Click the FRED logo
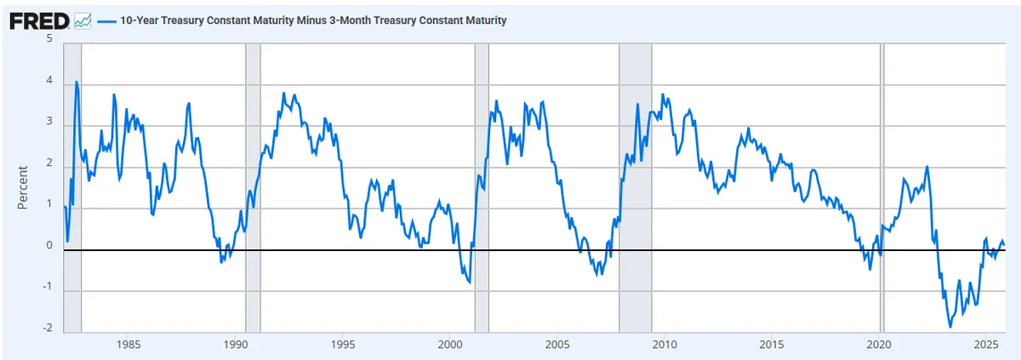39,21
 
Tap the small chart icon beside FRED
83,21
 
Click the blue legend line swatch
106,21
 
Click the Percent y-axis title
22,188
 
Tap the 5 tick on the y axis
49,38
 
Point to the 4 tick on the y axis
49,80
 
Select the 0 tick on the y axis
49,245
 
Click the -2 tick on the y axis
48,328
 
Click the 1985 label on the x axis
128,345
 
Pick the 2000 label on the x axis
450,345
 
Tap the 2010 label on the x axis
665,345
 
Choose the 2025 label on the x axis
986,345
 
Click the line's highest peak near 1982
76,82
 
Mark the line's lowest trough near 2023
950,327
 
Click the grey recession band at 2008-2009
635,188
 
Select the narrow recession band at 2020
882,188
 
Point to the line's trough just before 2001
470,283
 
